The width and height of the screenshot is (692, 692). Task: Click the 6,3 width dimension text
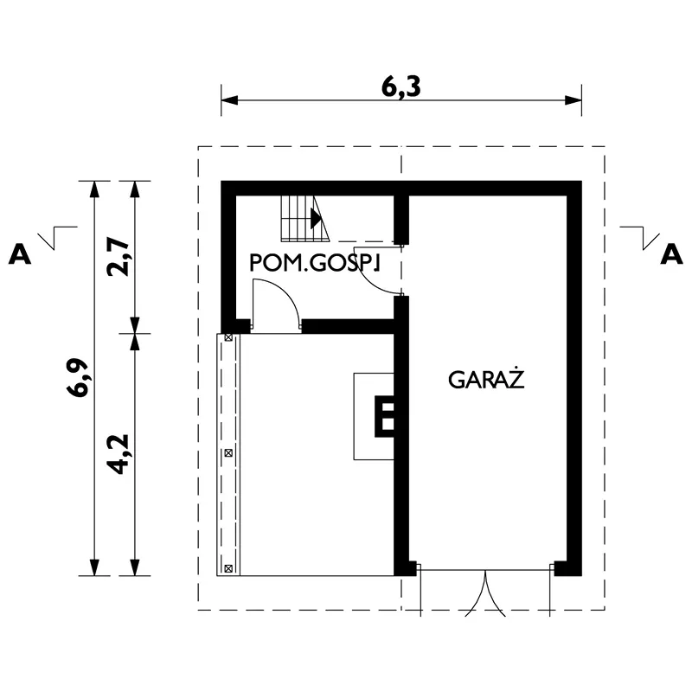click(x=400, y=87)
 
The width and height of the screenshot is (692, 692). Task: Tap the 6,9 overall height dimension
click(x=78, y=378)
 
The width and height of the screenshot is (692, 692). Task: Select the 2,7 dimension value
click(x=119, y=258)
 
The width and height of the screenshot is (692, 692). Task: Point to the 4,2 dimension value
click(x=119, y=454)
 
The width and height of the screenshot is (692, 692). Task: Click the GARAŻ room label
click(x=486, y=379)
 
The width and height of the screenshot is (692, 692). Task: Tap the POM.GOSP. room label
click(x=315, y=263)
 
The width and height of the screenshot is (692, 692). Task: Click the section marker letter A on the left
click(x=20, y=255)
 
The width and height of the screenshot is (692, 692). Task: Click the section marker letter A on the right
click(x=671, y=255)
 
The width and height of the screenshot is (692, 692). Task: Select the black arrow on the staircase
click(x=316, y=218)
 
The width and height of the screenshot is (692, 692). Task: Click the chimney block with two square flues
click(x=384, y=417)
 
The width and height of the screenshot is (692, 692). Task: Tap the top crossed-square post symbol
click(x=228, y=337)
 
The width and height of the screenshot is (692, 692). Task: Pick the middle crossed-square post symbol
click(x=228, y=452)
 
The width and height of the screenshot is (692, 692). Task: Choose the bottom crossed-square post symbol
click(x=228, y=569)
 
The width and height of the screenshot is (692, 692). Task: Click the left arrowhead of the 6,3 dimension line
click(x=229, y=100)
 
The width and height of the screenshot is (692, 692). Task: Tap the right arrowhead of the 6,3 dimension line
click(x=573, y=100)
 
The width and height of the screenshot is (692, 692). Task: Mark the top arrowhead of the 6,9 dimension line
click(x=93, y=189)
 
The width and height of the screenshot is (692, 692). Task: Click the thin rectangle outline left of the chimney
click(x=354, y=417)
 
